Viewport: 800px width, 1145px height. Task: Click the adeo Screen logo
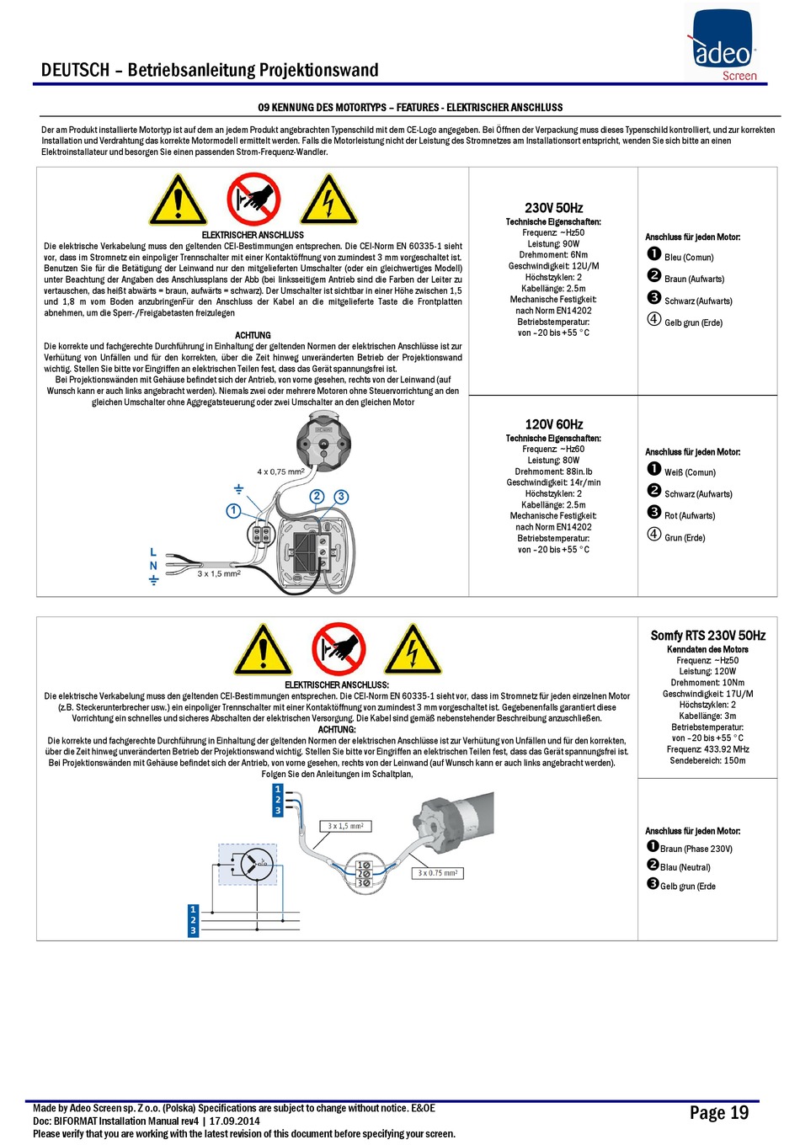(723, 42)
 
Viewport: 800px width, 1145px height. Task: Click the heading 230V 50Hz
(553, 208)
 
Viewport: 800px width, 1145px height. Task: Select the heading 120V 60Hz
(553, 424)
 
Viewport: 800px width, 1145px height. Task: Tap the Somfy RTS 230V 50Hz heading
(707, 636)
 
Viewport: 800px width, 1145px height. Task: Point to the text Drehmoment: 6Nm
(553, 254)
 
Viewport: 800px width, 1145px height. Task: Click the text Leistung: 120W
(707, 671)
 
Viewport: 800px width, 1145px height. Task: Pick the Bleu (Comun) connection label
(689, 257)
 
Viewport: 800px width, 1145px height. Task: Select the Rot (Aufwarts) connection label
(690, 516)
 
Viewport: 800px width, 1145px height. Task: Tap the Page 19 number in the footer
(718, 1113)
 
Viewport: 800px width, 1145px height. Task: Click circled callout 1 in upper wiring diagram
(233, 510)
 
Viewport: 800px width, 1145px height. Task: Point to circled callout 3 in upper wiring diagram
(341, 497)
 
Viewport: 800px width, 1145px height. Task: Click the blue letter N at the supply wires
(153, 566)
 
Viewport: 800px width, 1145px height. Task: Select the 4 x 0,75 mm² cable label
(280, 471)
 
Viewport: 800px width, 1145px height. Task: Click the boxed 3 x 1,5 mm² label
(346, 826)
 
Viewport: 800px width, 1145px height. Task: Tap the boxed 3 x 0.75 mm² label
(438, 873)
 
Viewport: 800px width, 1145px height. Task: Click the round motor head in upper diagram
(323, 443)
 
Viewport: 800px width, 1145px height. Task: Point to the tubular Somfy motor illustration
(453, 819)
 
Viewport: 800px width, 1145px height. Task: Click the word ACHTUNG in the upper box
(253, 335)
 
